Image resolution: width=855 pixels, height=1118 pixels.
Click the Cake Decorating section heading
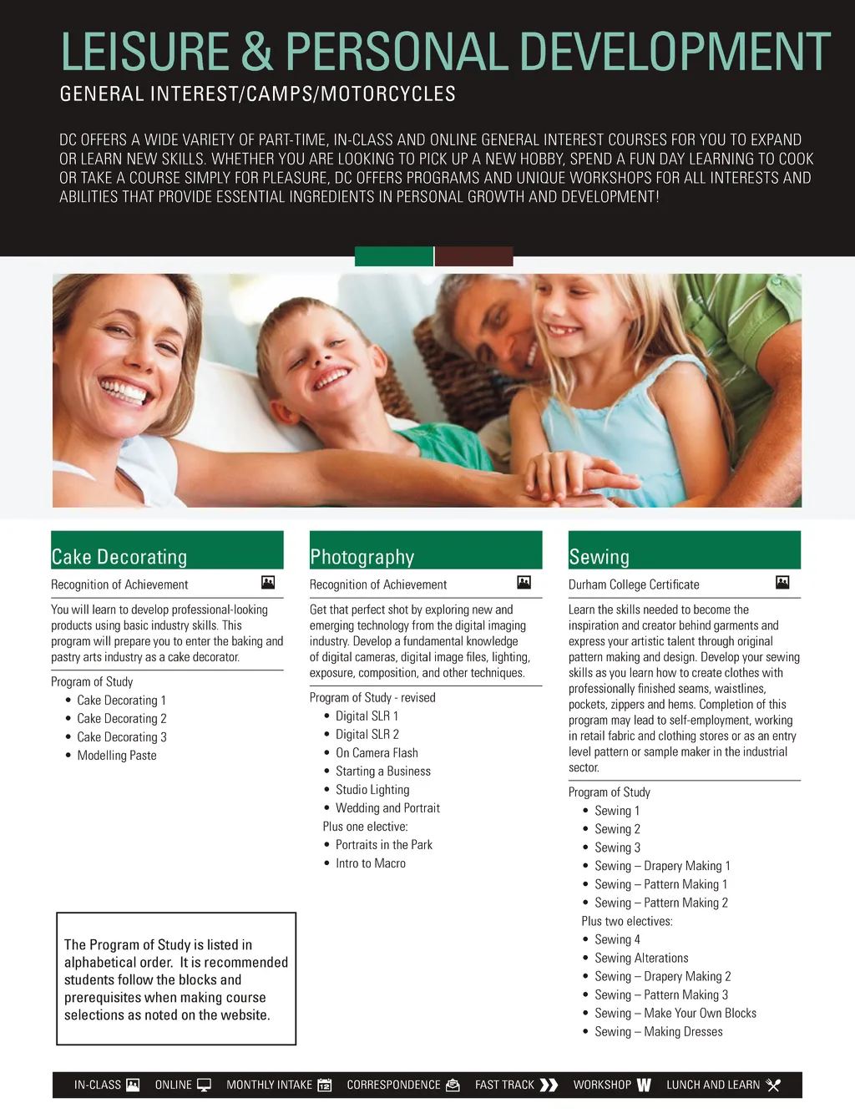[119, 557]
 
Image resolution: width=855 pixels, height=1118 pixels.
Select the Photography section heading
[362, 557]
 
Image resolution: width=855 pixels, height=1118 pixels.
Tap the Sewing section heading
[599, 557]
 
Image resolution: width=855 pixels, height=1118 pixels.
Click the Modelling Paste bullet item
[116, 756]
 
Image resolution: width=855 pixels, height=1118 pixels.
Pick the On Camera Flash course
[377, 753]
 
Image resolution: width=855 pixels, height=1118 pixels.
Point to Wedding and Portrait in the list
[387, 808]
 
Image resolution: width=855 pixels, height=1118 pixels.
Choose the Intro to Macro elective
[370, 863]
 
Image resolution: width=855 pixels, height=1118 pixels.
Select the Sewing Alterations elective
[641, 959]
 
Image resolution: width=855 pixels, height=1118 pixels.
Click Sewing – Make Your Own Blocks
[675, 1014]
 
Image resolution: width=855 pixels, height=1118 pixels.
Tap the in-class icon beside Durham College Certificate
[782, 582]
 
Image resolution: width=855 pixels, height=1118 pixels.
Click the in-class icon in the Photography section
[524, 582]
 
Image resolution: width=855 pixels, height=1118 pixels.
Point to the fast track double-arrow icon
[549, 1085]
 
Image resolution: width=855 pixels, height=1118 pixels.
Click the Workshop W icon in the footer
[644, 1085]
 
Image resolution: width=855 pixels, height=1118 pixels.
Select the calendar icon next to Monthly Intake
[325, 1085]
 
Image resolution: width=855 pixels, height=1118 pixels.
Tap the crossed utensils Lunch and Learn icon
[773, 1085]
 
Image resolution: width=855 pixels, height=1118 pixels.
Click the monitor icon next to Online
[204, 1085]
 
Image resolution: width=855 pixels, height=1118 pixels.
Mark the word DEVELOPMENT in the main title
[675, 52]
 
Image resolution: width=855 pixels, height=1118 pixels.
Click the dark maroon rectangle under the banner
[473, 256]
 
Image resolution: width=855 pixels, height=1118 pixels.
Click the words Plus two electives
[626, 922]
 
